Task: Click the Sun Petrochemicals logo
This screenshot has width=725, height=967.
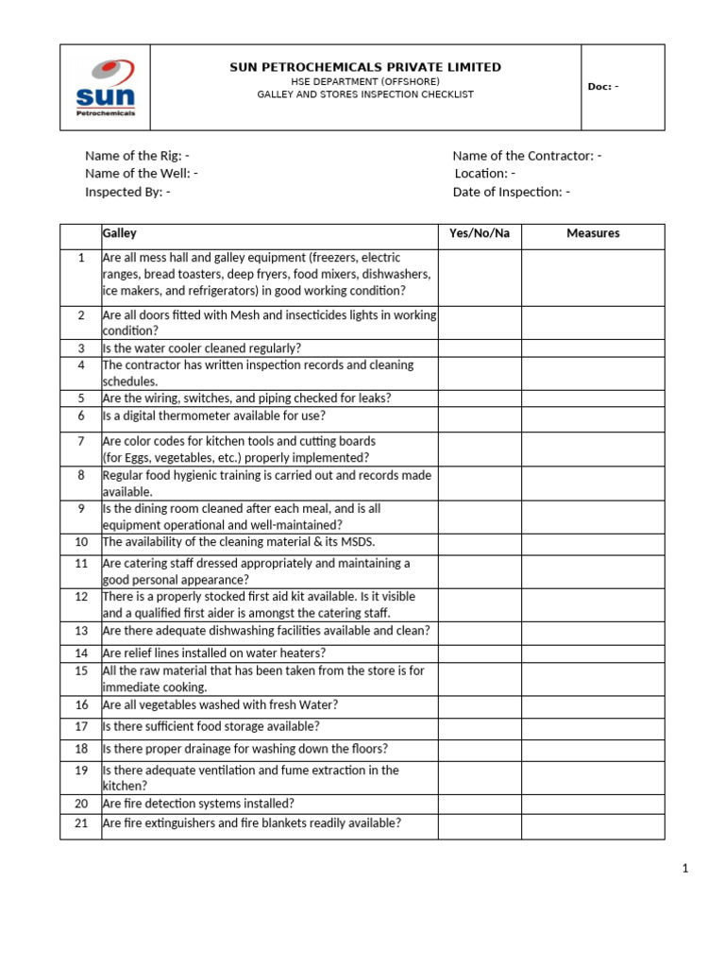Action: (x=106, y=88)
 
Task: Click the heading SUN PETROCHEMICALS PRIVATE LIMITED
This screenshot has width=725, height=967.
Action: (x=365, y=67)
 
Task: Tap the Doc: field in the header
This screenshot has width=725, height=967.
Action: (x=603, y=87)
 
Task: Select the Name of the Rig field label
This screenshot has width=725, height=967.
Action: (x=137, y=156)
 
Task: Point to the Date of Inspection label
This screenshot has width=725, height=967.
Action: (x=511, y=192)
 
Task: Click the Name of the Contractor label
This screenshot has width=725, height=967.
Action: (x=527, y=156)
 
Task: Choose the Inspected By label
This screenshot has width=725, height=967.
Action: (x=127, y=192)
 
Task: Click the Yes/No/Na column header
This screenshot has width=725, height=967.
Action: (x=480, y=233)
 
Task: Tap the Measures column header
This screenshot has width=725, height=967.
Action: (x=593, y=233)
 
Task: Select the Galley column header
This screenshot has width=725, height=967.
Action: (x=119, y=233)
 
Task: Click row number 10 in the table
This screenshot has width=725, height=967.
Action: (x=81, y=542)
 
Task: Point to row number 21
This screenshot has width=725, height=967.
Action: (x=81, y=823)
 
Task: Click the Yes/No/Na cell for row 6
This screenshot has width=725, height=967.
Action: (x=480, y=416)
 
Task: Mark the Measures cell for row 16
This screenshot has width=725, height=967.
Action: (x=593, y=705)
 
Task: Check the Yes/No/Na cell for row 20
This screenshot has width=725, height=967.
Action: (x=480, y=804)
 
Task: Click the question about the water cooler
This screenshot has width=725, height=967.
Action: (x=202, y=348)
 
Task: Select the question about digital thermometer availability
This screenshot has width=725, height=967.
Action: (x=213, y=416)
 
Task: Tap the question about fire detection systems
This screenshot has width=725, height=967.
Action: (x=198, y=804)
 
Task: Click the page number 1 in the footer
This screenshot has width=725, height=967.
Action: (x=686, y=869)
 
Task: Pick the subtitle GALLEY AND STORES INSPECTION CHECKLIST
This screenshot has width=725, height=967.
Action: (x=365, y=94)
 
